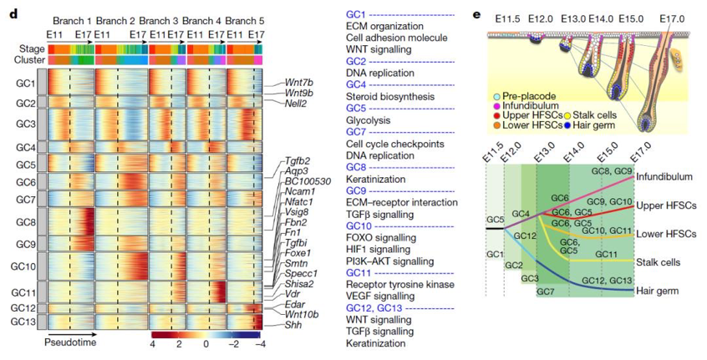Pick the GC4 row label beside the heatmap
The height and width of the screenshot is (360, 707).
coord(25,147)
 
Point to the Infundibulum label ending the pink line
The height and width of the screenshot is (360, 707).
coord(665,178)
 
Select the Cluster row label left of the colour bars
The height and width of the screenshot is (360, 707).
coord(28,60)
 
